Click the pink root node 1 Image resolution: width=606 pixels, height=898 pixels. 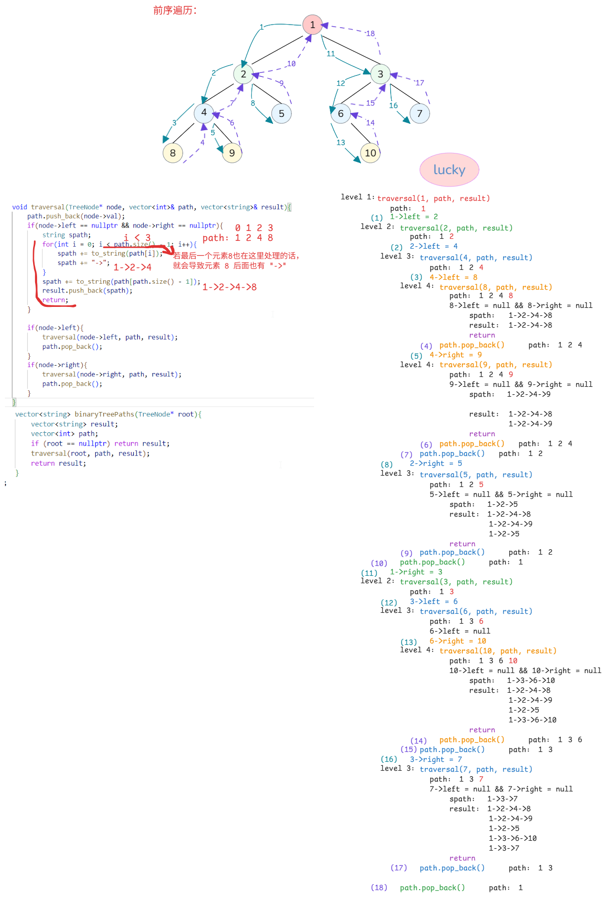[x=312, y=25]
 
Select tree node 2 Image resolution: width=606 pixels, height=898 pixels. [x=243, y=74]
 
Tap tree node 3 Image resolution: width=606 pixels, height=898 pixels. [x=380, y=74]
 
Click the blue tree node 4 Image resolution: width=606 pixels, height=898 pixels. [x=203, y=112]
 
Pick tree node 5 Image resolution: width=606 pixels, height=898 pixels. [x=282, y=113]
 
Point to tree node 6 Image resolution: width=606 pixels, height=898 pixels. [x=341, y=113]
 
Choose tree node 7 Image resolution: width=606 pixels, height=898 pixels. [x=419, y=113]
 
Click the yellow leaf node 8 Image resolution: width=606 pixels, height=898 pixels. [x=173, y=153]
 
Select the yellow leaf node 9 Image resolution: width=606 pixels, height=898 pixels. [x=232, y=153]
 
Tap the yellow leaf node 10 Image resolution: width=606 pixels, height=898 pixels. [x=370, y=153]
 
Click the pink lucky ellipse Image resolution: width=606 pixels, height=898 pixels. [x=449, y=170]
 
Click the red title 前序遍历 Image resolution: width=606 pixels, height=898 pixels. [x=175, y=10]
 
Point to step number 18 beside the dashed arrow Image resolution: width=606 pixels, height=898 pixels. [x=370, y=34]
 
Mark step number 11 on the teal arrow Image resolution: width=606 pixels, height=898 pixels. [x=331, y=54]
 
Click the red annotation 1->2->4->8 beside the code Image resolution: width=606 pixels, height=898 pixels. [x=230, y=287]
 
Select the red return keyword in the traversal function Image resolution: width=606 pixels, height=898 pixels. [x=55, y=300]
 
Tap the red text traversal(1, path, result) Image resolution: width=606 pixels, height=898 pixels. [x=434, y=198]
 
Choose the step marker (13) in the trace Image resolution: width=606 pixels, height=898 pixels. [x=408, y=642]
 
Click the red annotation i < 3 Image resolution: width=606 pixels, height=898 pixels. [x=137, y=238]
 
